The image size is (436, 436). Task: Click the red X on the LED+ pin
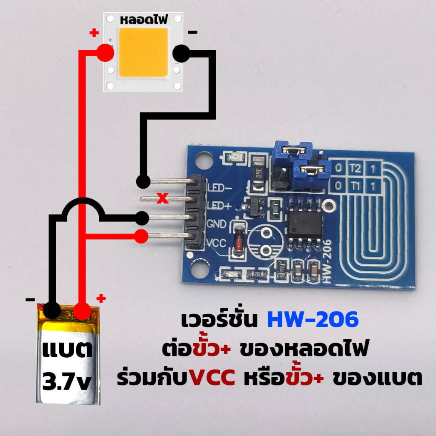pos(162,198)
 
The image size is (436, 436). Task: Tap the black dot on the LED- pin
pos(143,181)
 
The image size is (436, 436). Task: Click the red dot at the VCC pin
pos(141,236)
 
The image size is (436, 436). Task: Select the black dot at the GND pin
pos(142,218)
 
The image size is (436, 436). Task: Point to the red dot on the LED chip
pos(105,52)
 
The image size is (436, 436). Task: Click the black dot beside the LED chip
pos(181,53)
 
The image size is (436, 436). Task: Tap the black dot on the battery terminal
pos(52,310)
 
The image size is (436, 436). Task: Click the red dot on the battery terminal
pos(82,311)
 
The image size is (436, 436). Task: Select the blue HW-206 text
pos(313,319)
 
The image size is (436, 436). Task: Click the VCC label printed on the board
pos(216,243)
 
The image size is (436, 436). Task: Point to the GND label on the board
pos(216,224)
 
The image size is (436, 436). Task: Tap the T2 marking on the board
pos(355,169)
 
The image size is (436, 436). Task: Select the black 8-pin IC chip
pos(305,224)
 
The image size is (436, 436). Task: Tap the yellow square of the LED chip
pos(143,52)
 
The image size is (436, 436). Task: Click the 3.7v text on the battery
pos(67,382)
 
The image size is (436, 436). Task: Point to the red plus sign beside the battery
pos(101,298)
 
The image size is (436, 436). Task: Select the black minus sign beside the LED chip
pos(193,32)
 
